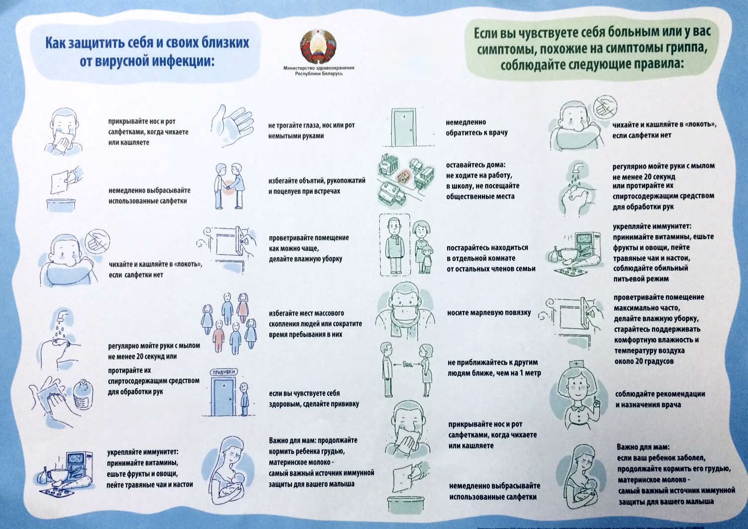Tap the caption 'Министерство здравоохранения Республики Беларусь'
click(319, 71)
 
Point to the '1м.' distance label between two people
click(407, 365)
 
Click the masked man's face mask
click(405, 310)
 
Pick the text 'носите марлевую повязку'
click(489, 313)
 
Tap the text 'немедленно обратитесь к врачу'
click(476, 127)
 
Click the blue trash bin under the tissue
click(61, 204)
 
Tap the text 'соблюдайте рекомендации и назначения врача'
click(660, 399)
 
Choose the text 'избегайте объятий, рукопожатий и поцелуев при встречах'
click(317, 186)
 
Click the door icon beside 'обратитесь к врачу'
click(404, 127)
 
